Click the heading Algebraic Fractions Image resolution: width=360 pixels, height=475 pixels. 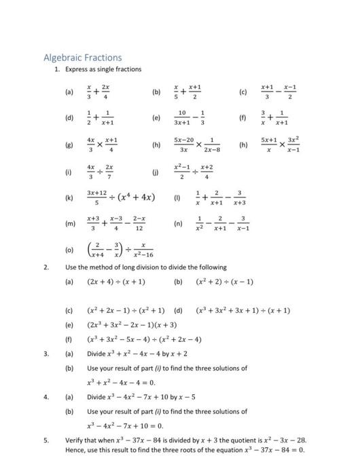(x=83, y=58)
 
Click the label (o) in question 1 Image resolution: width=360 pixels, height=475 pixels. (x=69, y=249)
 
